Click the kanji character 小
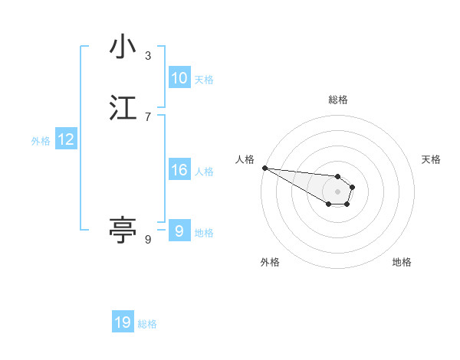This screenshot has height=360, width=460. [123, 47]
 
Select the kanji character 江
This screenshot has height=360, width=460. [123, 108]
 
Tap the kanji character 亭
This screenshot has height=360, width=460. [123, 229]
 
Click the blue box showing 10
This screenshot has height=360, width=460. [179, 78]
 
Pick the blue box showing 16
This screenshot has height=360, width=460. [179, 170]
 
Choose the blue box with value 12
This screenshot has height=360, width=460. [66, 139]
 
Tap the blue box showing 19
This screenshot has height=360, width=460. [123, 322]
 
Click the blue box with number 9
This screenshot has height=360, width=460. [179, 231]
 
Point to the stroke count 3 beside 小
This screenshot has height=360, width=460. [148, 56]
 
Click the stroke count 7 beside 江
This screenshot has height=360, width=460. [148, 117]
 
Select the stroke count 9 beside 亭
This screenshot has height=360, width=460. [148, 240]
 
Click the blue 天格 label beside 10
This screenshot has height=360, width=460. [204, 80]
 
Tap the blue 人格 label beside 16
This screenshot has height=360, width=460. [204, 172]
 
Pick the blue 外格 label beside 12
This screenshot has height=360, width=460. [41, 141]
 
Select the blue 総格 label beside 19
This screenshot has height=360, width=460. [147, 324]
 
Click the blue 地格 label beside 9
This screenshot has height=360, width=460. [204, 233]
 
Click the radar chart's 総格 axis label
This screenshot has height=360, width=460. [338, 100]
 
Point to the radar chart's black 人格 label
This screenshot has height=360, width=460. [245, 159]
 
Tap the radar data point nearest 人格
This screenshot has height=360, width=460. [264, 168]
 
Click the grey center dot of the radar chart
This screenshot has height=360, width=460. [338, 191]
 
